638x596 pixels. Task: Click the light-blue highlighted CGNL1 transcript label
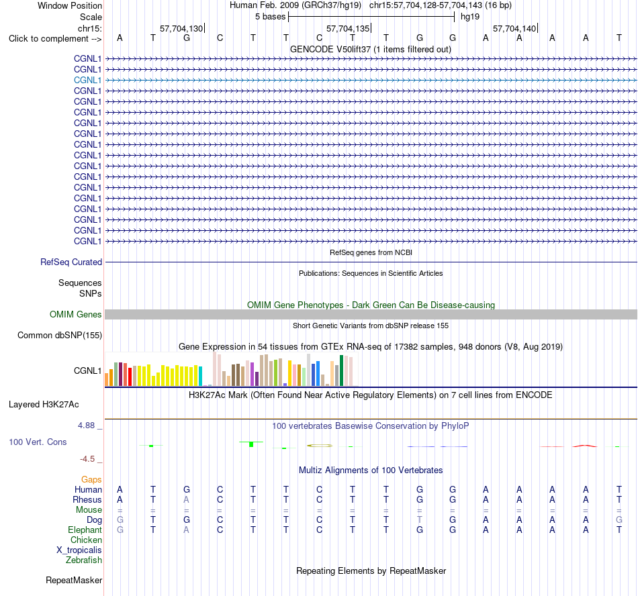(87, 80)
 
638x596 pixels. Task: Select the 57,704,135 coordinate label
(348, 28)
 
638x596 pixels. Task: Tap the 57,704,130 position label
(181, 28)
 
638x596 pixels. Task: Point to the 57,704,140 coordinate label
(514, 28)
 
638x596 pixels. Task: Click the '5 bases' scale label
(270, 17)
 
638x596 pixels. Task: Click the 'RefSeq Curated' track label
(71, 262)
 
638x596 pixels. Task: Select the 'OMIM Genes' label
(76, 314)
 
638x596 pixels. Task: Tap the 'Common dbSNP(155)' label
(60, 336)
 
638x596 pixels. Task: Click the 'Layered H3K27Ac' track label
(44, 405)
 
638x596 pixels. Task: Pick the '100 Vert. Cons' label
(38, 442)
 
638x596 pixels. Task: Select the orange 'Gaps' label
(91, 480)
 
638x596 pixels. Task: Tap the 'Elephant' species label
(85, 530)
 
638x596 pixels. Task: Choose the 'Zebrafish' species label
(84, 560)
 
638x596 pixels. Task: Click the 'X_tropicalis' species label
(79, 550)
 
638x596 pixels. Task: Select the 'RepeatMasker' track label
(74, 580)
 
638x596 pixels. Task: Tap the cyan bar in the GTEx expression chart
(200, 376)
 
